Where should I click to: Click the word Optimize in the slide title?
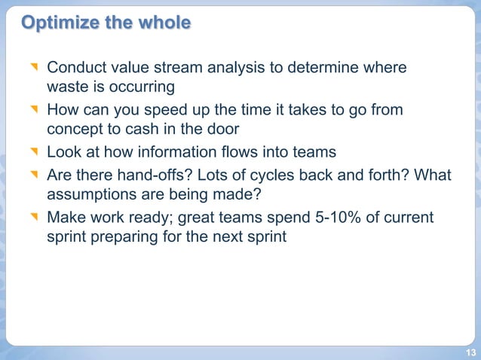point(57,23)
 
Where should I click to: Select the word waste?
point(68,87)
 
